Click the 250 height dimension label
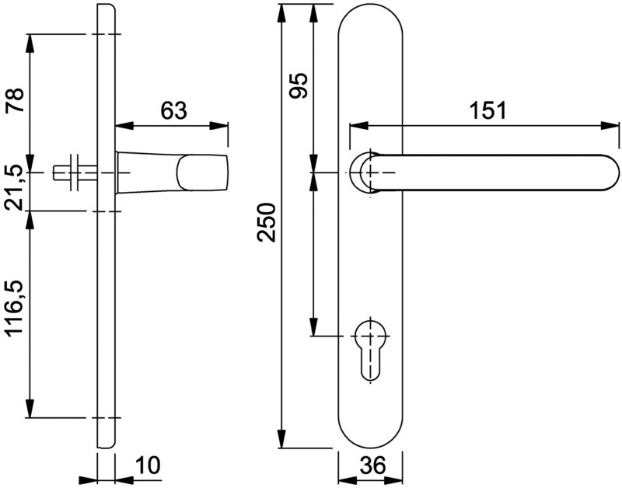point(266,222)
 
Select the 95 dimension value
point(299,85)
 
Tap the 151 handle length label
point(488,110)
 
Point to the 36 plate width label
point(373,465)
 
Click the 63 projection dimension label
point(173,110)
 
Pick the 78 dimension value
point(15,100)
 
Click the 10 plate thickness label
point(148,465)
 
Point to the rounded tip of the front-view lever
point(613,173)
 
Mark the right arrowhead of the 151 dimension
point(610,126)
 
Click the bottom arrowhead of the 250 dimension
point(281,439)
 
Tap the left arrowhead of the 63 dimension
point(124,126)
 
